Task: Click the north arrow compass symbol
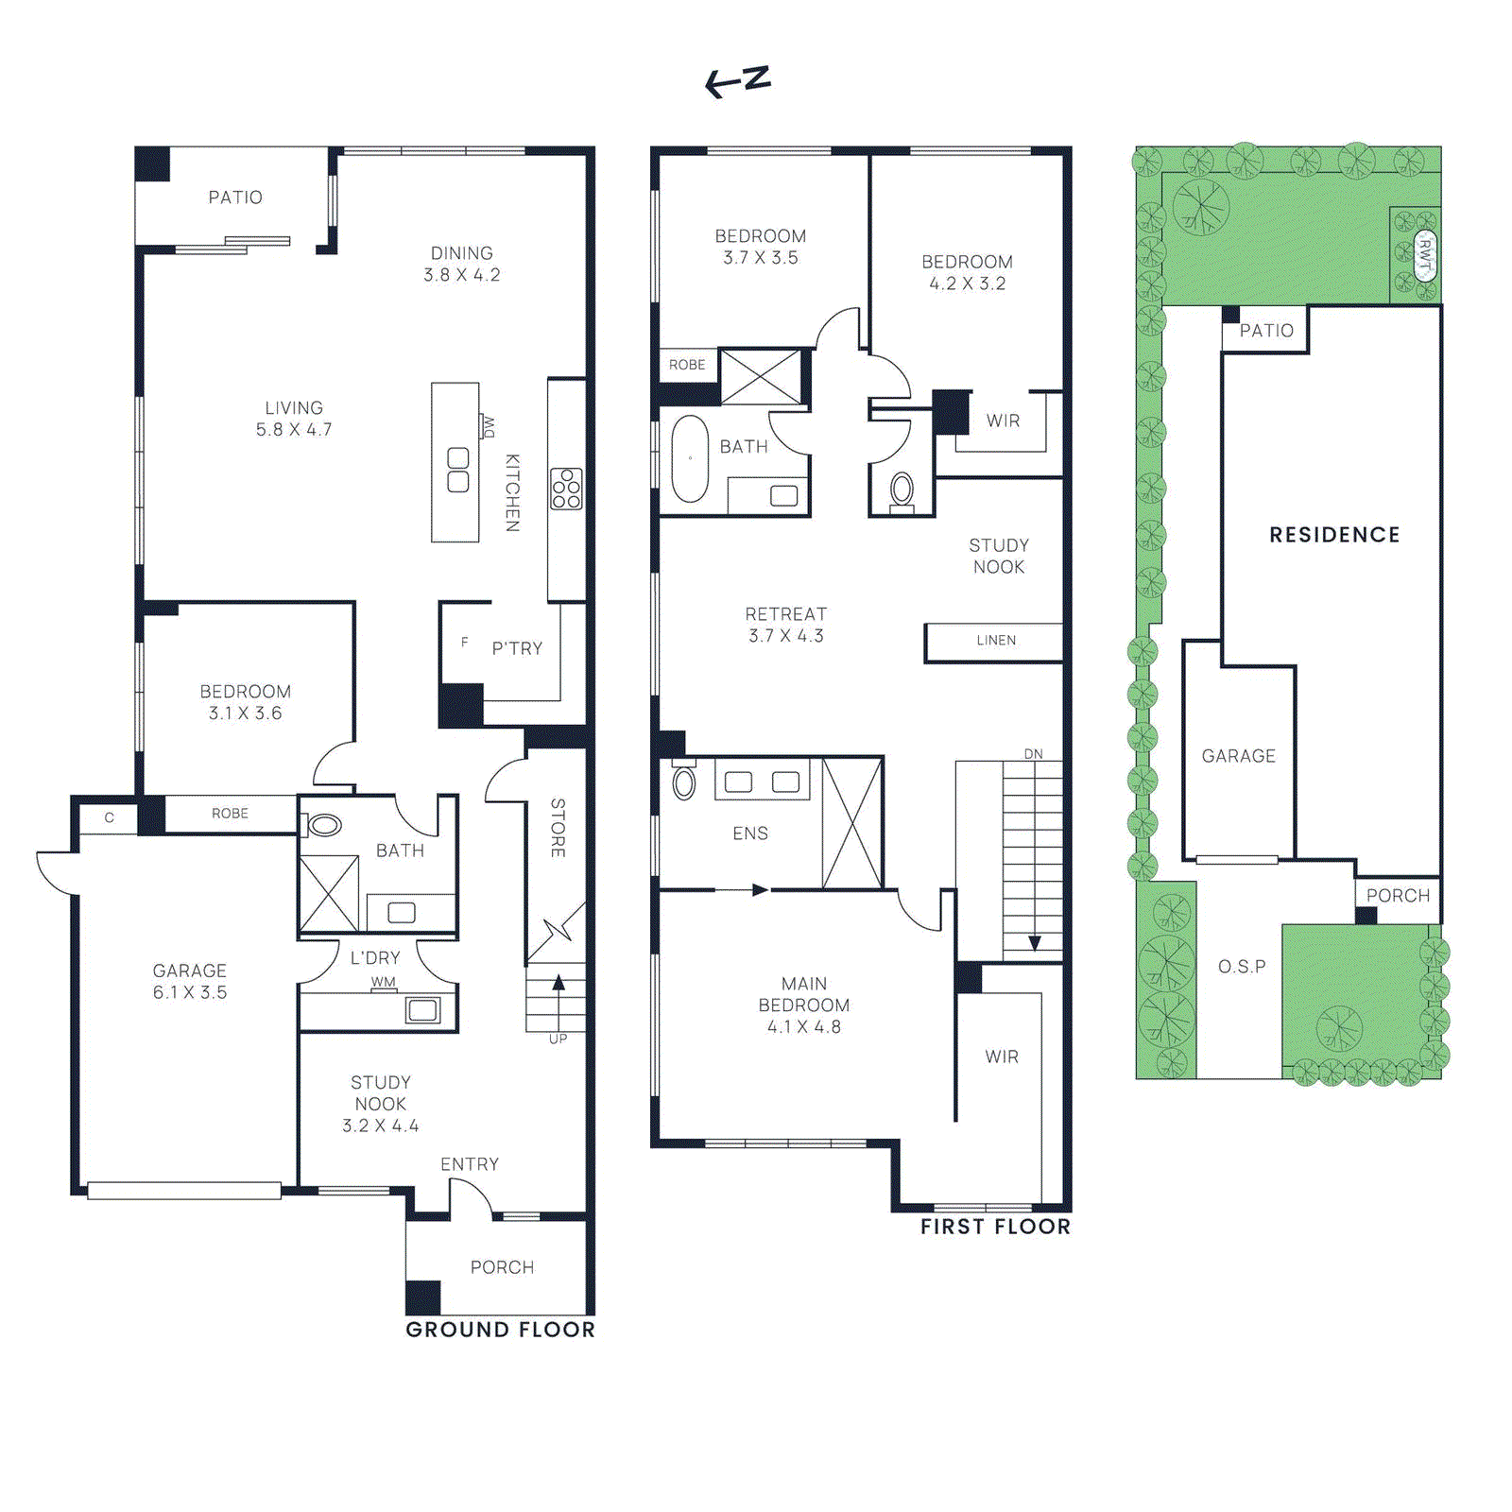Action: click(x=738, y=81)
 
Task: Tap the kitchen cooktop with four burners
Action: click(x=566, y=489)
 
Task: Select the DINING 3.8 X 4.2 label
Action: click(x=461, y=264)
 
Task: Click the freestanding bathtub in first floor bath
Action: click(x=690, y=458)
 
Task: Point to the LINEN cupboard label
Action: click(x=996, y=641)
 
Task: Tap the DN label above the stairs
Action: click(x=1033, y=754)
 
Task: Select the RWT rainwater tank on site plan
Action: click(x=1425, y=256)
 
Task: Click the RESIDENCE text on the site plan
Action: click(x=1334, y=535)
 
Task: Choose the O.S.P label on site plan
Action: click(x=1242, y=967)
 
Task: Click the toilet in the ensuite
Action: click(x=683, y=782)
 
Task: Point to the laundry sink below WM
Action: click(x=421, y=1010)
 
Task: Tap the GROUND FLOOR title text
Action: click(x=500, y=1330)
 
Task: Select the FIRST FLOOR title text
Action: click(x=995, y=1227)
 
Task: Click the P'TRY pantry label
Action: click(x=517, y=648)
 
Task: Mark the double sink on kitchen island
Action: click(x=457, y=470)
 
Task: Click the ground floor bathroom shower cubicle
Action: click(x=329, y=893)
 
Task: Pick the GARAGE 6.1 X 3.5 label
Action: click(x=190, y=981)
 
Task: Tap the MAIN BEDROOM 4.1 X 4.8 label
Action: click(x=803, y=1005)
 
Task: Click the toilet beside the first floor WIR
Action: click(x=902, y=490)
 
